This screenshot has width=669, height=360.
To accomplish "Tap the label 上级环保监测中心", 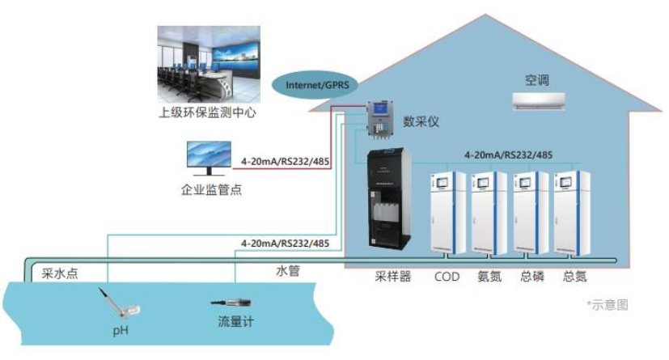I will (x=207, y=112).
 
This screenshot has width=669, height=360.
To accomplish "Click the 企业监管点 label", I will (x=211, y=190).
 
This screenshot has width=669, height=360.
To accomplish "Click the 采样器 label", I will (x=393, y=277).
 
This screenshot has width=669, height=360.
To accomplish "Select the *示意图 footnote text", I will (x=607, y=305).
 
